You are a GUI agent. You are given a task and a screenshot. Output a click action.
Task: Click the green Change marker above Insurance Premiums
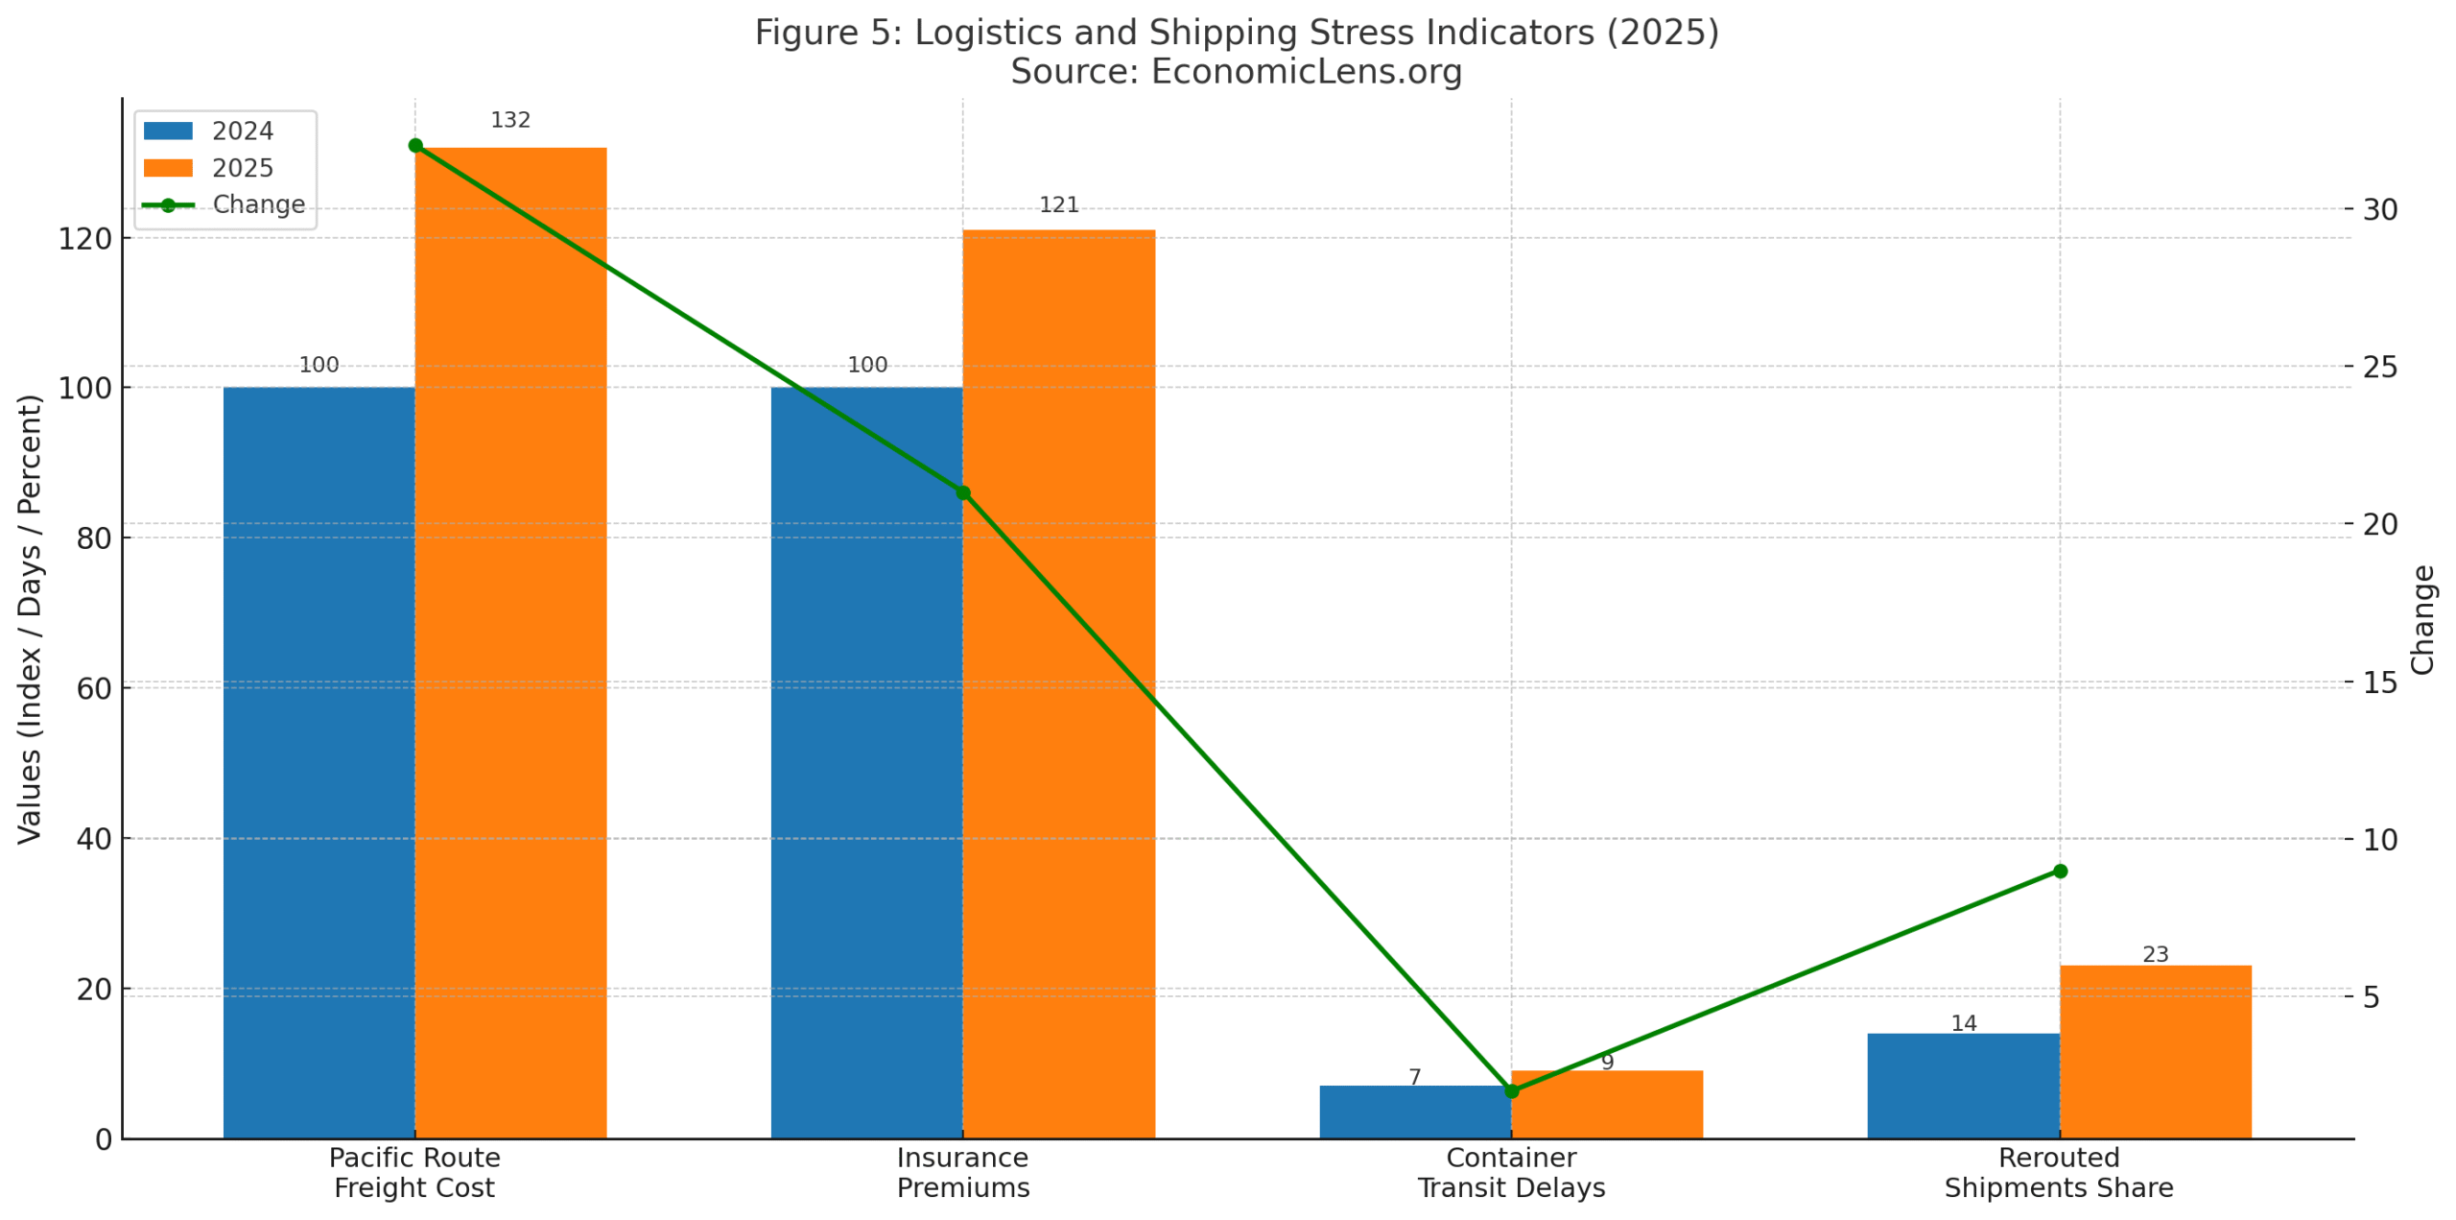point(962,492)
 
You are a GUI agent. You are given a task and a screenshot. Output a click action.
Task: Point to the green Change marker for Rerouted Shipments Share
point(2058,871)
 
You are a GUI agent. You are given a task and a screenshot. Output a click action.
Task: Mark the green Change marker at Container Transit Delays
point(1510,1090)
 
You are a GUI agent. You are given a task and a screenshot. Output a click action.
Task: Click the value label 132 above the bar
point(509,120)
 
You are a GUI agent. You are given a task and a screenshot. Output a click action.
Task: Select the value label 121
point(1058,204)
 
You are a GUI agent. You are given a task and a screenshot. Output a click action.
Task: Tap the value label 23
point(2154,954)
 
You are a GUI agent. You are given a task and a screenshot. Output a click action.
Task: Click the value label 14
point(1962,1023)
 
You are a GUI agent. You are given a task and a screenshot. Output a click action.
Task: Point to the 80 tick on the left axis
point(93,538)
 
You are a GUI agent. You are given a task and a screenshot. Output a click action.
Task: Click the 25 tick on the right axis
point(2379,367)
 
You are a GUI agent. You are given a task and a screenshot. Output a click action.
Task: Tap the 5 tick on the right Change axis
point(2371,996)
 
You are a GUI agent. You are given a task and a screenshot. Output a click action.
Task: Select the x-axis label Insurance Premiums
point(962,1172)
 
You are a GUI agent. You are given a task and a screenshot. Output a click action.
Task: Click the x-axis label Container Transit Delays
point(1510,1172)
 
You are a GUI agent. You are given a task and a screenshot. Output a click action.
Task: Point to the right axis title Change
point(2421,619)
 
